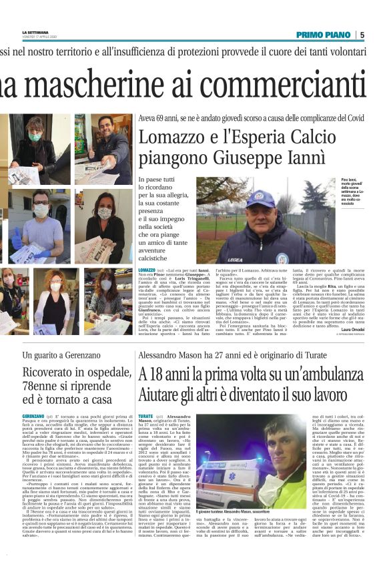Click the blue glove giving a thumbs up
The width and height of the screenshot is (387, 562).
click(x=17, y=239)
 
